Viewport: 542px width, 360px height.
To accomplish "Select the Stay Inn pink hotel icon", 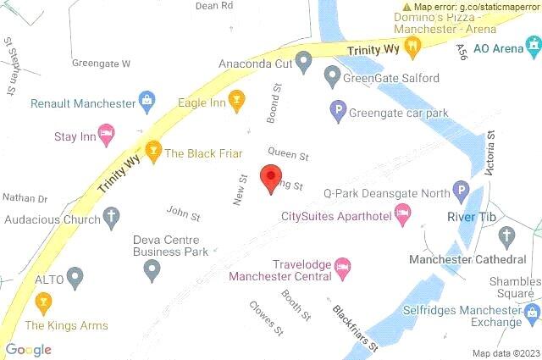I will tap(107, 133).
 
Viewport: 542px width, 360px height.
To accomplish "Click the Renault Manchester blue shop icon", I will tap(147, 102).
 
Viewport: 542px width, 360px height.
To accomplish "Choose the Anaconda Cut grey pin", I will tap(304, 62).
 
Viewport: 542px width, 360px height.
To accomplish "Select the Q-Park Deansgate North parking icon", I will tap(461, 191).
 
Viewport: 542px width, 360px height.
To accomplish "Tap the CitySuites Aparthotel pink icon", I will tap(403, 217).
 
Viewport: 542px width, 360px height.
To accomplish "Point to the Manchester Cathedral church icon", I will tap(506, 235).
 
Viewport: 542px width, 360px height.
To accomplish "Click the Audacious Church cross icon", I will tap(111, 219).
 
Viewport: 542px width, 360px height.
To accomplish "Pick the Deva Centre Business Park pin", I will tap(152, 269).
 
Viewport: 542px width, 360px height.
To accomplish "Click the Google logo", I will tap(29, 349).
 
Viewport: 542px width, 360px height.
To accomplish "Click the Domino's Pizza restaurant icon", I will tap(412, 47).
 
